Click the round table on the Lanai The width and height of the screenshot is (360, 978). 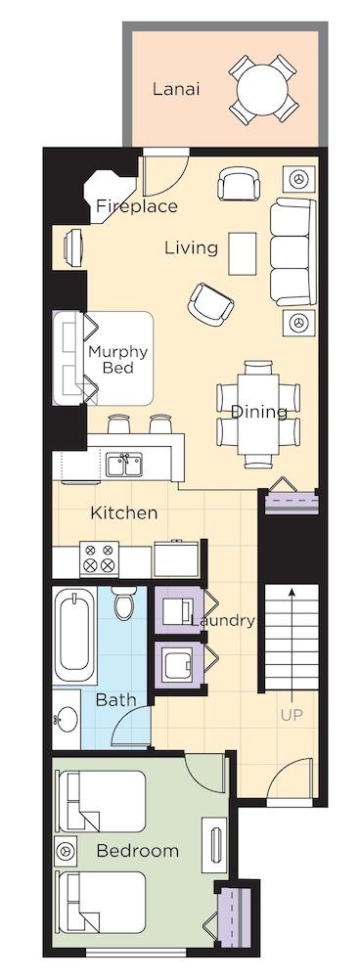[262, 89]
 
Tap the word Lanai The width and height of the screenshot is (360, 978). [176, 89]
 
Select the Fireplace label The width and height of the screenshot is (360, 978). [137, 206]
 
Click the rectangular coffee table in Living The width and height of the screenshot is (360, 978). [242, 253]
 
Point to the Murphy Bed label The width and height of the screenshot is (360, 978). [118, 359]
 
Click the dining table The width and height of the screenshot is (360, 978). [257, 414]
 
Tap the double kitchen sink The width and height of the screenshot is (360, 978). [124, 466]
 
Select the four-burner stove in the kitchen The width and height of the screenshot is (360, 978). [100, 557]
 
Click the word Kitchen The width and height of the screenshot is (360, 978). [124, 513]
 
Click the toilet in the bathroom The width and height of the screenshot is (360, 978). [123, 600]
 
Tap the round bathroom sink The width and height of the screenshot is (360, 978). [67, 719]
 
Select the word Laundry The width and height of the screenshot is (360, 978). [223, 621]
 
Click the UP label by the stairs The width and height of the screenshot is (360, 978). [292, 716]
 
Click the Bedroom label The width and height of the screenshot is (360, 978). [138, 851]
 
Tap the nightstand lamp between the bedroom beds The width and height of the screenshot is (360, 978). [66, 851]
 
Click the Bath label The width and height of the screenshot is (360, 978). [116, 700]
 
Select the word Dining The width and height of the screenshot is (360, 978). [259, 413]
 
